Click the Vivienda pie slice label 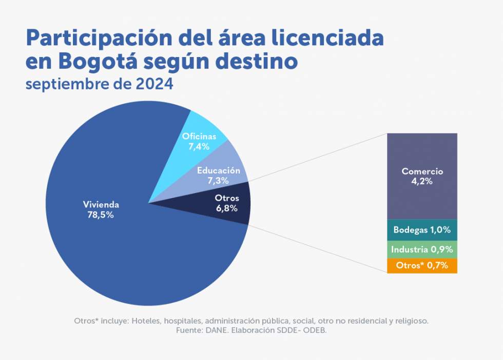101,204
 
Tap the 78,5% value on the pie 101,215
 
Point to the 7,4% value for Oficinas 199,146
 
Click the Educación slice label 219,170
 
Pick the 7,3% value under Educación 219,180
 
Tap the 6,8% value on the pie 226,209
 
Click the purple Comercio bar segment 422,154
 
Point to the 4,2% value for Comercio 422,181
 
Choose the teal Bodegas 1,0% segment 422,230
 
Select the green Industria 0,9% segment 422,250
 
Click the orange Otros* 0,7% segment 422,266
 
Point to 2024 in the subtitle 154,84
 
